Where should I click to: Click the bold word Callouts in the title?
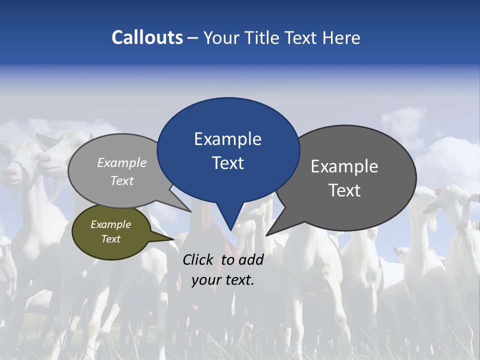147,37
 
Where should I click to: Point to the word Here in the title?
342,37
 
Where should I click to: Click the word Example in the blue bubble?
227,139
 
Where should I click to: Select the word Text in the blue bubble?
227,162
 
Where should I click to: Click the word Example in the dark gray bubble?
344,166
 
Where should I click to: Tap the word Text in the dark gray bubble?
344,190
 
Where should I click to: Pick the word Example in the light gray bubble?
122,162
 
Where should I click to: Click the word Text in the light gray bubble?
122,180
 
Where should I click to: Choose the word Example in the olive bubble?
110,224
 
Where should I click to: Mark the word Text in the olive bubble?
110,239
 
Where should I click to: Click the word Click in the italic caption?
198,259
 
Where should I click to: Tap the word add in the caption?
250,259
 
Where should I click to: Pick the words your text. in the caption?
223,280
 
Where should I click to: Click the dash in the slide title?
192,38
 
